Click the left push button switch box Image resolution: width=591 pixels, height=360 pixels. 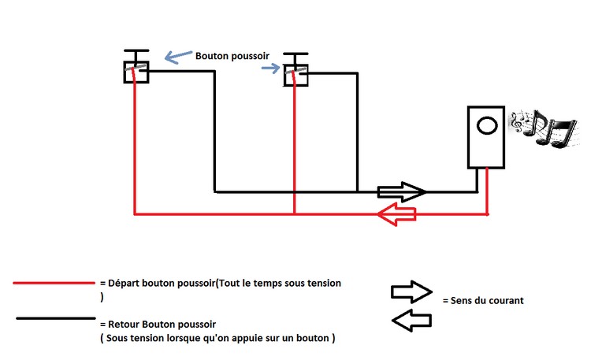125,72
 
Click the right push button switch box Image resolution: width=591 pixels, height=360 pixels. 284,76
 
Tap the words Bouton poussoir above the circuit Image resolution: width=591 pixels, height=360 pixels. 232,56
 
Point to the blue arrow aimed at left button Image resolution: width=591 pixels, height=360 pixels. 178,57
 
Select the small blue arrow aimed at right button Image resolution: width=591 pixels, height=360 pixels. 270,69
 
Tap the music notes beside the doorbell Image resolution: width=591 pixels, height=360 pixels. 545,128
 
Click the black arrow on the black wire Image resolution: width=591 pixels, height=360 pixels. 401,192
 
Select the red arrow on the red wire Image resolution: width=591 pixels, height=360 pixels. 396,214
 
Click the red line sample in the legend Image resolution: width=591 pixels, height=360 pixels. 54,283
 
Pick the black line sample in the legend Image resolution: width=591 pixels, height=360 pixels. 56,318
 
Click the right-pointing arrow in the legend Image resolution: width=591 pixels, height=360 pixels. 411,291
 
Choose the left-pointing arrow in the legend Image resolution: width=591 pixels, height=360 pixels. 411,321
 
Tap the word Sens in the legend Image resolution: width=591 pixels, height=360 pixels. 460,300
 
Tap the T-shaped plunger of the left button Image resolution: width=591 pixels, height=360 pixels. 136,56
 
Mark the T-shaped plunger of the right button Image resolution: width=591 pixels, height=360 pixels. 295,59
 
